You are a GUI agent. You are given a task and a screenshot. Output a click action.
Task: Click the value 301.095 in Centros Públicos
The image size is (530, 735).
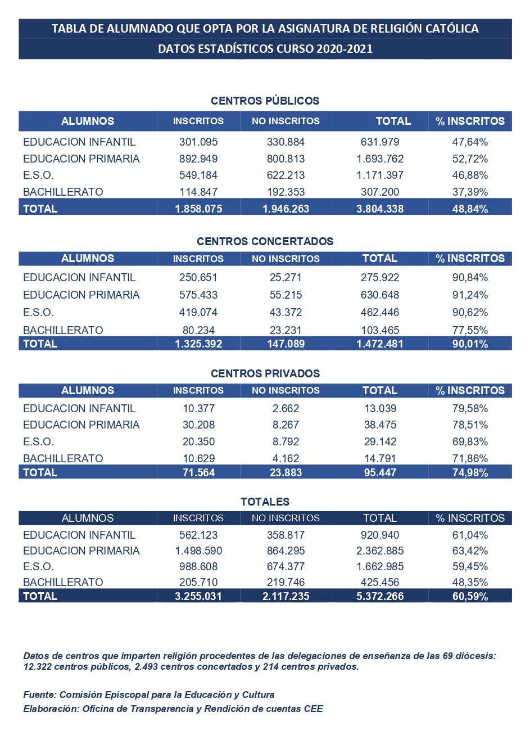click(x=198, y=142)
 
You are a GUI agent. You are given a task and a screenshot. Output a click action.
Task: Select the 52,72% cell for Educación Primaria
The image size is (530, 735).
click(x=470, y=159)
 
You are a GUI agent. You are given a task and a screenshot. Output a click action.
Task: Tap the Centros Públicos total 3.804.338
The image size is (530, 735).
click(x=380, y=209)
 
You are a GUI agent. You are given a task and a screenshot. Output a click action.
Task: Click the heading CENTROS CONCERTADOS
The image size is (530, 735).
click(x=265, y=241)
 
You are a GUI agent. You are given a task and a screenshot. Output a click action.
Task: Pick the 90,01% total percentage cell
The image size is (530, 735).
click(x=470, y=344)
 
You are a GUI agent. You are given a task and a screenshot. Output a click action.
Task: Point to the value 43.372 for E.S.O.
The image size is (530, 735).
click(x=286, y=312)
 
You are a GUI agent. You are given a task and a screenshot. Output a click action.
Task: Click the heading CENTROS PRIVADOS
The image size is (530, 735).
click(x=265, y=373)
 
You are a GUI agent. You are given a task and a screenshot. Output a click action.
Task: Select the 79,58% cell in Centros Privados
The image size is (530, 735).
click(x=470, y=408)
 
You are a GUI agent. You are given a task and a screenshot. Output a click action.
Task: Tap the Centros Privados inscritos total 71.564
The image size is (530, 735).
click(x=198, y=472)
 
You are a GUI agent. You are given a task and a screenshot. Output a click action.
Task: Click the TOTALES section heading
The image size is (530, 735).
click(x=265, y=502)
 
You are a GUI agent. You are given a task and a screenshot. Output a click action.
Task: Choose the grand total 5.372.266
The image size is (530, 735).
click(x=380, y=596)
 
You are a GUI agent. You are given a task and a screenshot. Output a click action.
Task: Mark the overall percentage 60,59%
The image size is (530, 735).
click(x=470, y=596)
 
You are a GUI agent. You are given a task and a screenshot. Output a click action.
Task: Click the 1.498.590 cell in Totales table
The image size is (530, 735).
click(x=198, y=551)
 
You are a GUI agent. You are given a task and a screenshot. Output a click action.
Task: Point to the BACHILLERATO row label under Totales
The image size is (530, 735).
click(x=63, y=582)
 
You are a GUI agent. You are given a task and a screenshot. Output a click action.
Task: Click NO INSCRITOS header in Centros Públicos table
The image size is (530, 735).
click(x=286, y=121)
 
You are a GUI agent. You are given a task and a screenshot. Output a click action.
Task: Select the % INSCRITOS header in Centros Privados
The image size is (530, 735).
click(x=470, y=390)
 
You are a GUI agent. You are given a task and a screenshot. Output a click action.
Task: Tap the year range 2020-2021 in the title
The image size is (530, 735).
click(x=345, y=49)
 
